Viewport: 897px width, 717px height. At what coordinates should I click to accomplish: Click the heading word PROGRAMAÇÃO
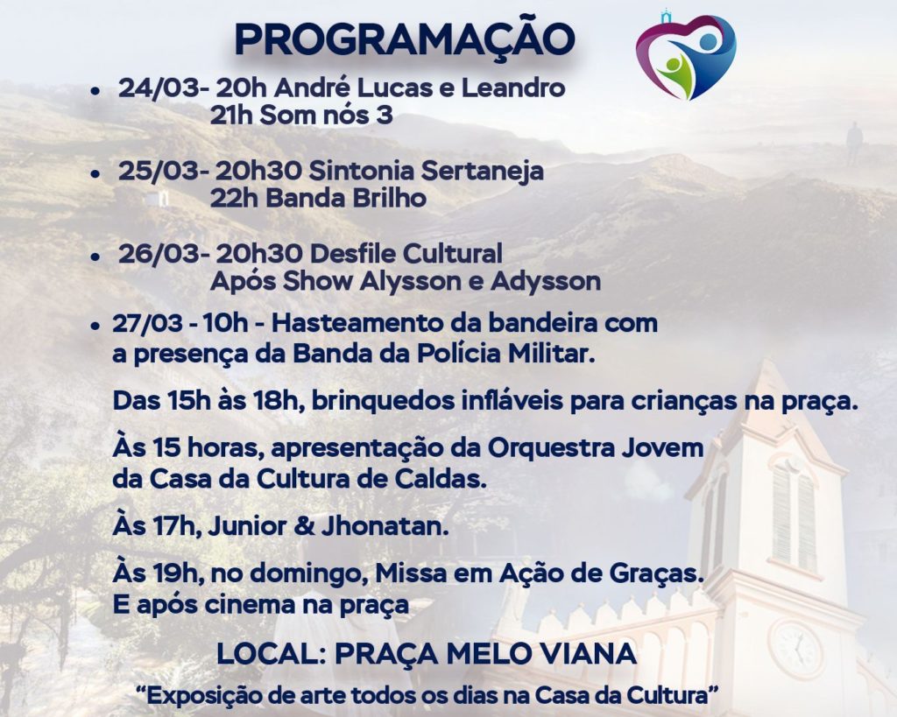405,39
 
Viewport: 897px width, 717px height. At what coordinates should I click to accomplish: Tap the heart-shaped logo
685,56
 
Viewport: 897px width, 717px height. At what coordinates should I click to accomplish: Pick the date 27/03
147,324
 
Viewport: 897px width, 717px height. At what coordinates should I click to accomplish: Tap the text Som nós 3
326,116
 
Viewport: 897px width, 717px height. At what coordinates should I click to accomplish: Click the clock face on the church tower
797,649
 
